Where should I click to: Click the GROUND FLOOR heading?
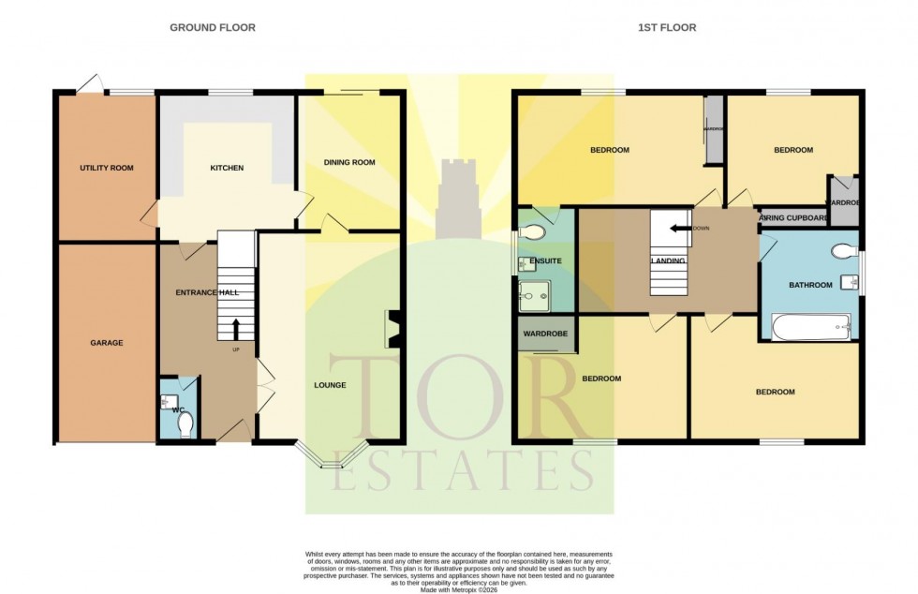(x=212, y=27)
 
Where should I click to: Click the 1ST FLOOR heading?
(x=666, y=27)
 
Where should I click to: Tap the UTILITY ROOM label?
(x=106, y=169)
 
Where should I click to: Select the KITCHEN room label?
(x=227, y=169)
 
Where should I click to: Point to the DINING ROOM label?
(x=349, y=162)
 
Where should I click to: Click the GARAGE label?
(x=106, y=343)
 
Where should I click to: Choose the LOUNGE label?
(x=330, y=385)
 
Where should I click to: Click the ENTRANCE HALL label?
(x=207, y=293)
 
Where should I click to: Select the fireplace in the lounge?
(x=392, y=328)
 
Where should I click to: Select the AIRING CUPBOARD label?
(x=793, y=218)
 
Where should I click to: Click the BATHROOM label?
(x=809, y=285)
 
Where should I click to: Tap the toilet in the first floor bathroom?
(x=842, y=250)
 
